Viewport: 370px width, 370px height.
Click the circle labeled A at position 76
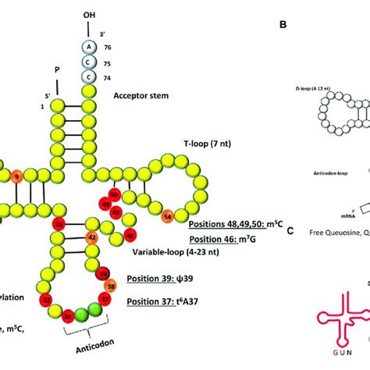click(91, 46)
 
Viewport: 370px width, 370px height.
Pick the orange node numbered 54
click(167, 215)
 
